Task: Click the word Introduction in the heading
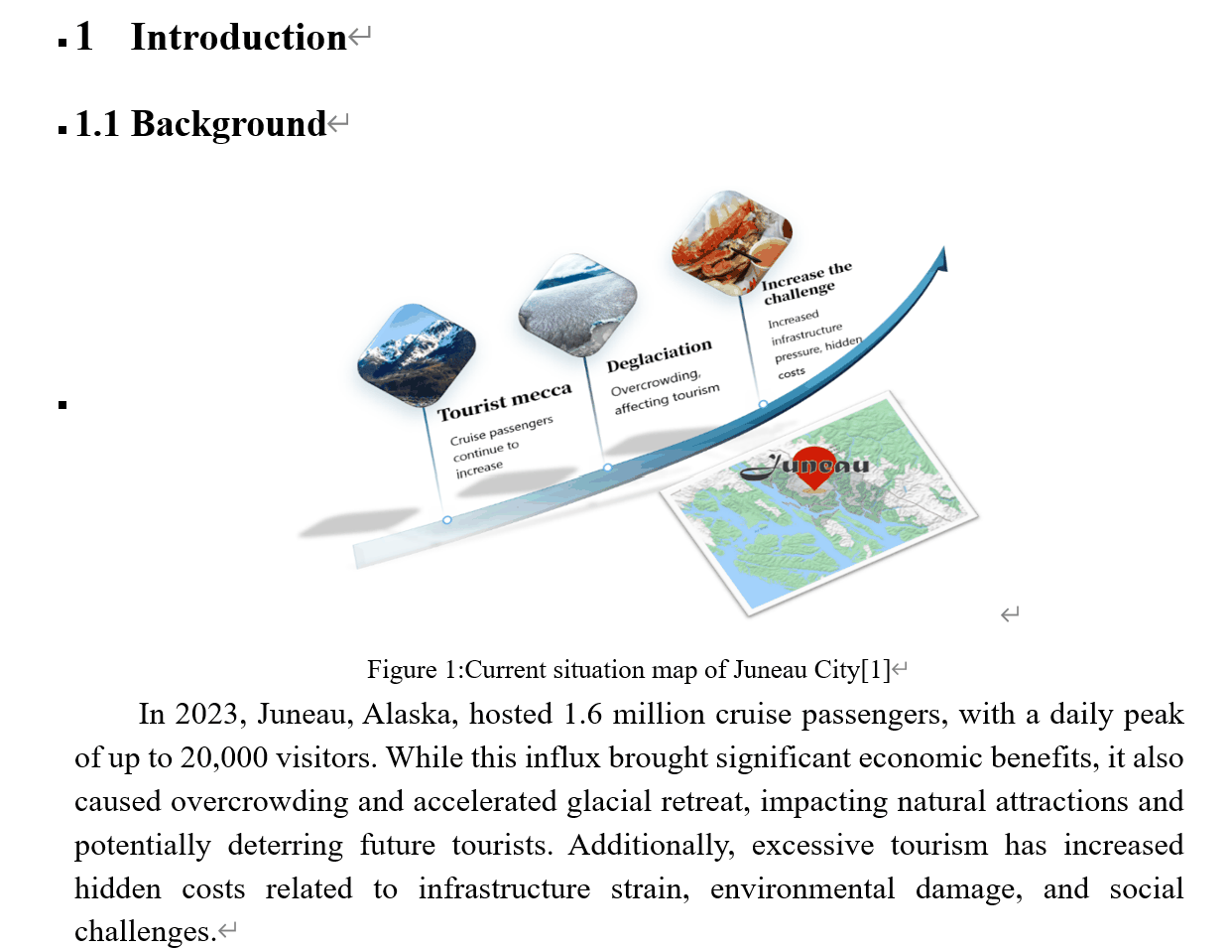[x=238, y=38]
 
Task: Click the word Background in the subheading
[x=228, y=124]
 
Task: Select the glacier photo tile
[x=577, y=305]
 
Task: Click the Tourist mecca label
[x=505, y=401]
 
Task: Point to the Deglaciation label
[x=659, y=354]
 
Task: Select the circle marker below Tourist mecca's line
[x=447, y=519]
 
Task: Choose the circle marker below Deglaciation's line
[x=607, y=467]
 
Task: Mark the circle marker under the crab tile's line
[x=763, y=404]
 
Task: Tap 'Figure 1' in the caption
[x=411, y=670]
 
